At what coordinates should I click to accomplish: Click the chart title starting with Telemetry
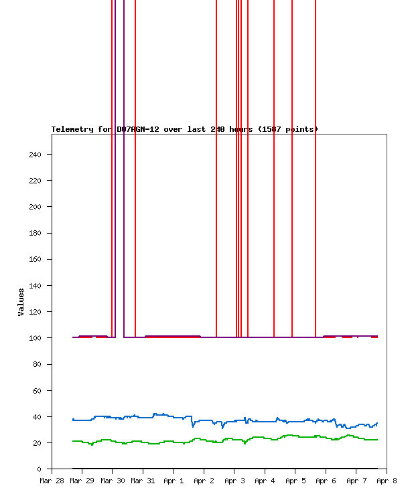pyautogui.click(x=185, y=129)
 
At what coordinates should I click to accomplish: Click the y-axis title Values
pyautogui.click(x=21, y=302)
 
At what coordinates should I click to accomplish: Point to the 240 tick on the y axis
pyautogui.click(x=35, y=155)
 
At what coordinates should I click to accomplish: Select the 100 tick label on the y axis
pyautogui.click(x=35, y=338)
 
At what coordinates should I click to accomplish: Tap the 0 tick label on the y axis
pyautogui.click(x=40, y=469)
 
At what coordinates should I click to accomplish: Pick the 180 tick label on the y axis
pyautogui.click(x=35, y=233)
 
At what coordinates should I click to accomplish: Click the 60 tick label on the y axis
pyautogui.click(x=37, y=390)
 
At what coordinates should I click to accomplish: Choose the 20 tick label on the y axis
pyautogui.click(x=37, y=443)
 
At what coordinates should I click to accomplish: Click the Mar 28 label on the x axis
pyautogui.click(x=52, y=481)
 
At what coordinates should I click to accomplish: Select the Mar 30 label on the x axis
pyautogui.click(x=113, y=481)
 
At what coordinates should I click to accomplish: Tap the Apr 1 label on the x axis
pyautogui.click(x=174, y=481)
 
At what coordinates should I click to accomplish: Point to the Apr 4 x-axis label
pyautogui.click(x=265, y=481)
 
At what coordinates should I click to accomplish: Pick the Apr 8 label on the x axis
pyautogui.click(x=387, y=481)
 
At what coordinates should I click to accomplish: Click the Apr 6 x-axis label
pyautogui.click(x=326, y=481)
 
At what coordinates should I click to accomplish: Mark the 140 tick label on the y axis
pyautogui.click(x=35, y=286)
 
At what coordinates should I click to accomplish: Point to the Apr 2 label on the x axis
pyautogui.click(x=204, y=481)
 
